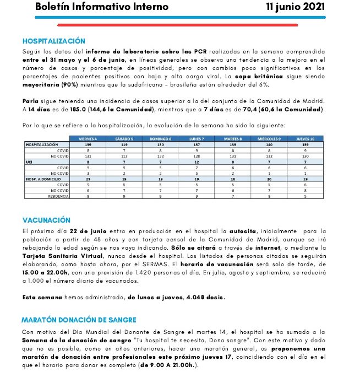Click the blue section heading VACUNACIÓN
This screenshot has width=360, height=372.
pyautogui.click(x=46, y=220)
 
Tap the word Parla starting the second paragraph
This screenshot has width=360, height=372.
pyautogui.click(x=31, y=101)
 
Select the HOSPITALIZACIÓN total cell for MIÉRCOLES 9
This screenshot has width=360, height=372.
pyautogui.click(x=269, y=144)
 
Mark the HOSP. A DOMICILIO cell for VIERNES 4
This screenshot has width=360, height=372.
pyautogui.click(x=88, y=179)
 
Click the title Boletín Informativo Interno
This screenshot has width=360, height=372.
pyautogui.click(x=102, y=7)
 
